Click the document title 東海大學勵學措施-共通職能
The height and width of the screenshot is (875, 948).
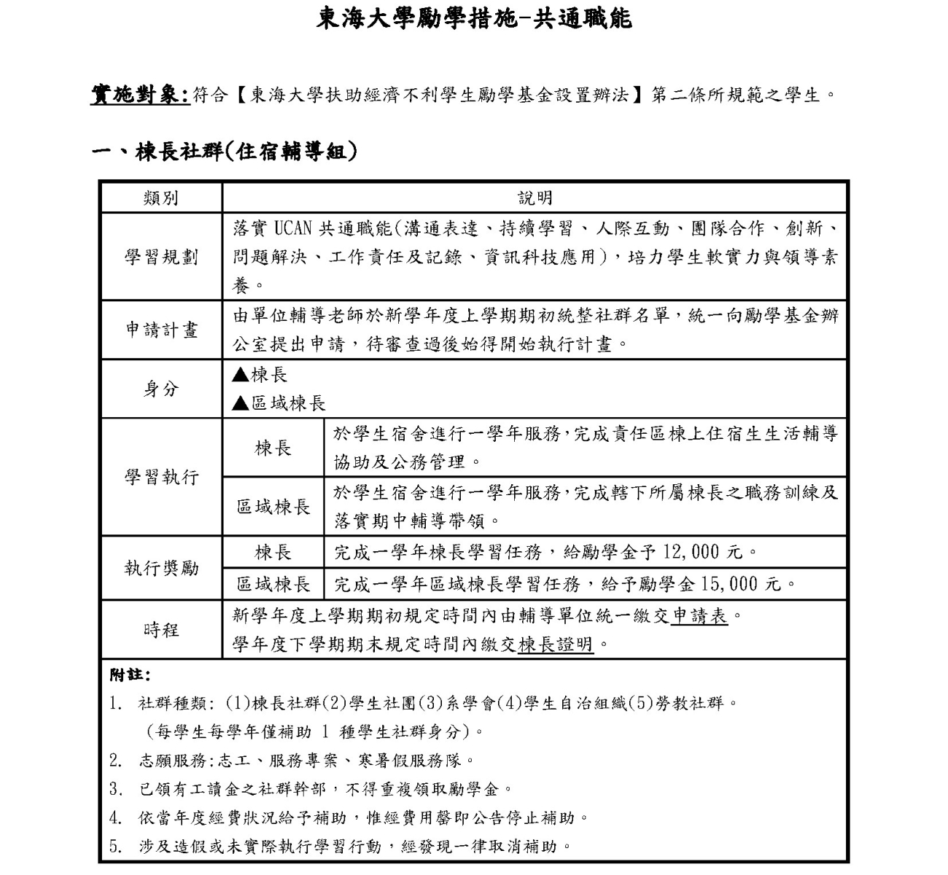coord(474,18)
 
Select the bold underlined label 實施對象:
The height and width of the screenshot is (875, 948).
coord(140,95)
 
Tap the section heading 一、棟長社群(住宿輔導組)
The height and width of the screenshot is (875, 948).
coord(225,152)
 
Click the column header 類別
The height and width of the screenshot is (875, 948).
coord(161,198)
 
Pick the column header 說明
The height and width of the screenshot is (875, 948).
coord(535,198)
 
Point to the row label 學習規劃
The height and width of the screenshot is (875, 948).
coord(161,257)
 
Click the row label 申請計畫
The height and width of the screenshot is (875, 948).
coord(161,330)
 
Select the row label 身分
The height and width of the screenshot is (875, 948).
coord(161,389)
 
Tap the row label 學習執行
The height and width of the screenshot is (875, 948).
coord(161,478)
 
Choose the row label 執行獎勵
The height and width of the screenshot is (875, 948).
coord(161,568)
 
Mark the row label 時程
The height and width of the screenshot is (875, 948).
coord(161,630)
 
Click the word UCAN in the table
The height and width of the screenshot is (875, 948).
coord(292,228)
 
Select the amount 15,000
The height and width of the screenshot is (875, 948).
coord(730,584)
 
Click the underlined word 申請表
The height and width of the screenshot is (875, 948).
coord(699,616)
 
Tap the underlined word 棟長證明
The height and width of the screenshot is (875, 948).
coord(556,645)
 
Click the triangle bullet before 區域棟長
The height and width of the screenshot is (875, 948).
coord(240,403)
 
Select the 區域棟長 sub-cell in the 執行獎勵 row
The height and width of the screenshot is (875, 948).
coord(273,584)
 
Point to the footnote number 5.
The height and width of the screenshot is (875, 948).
coord(114,847)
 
